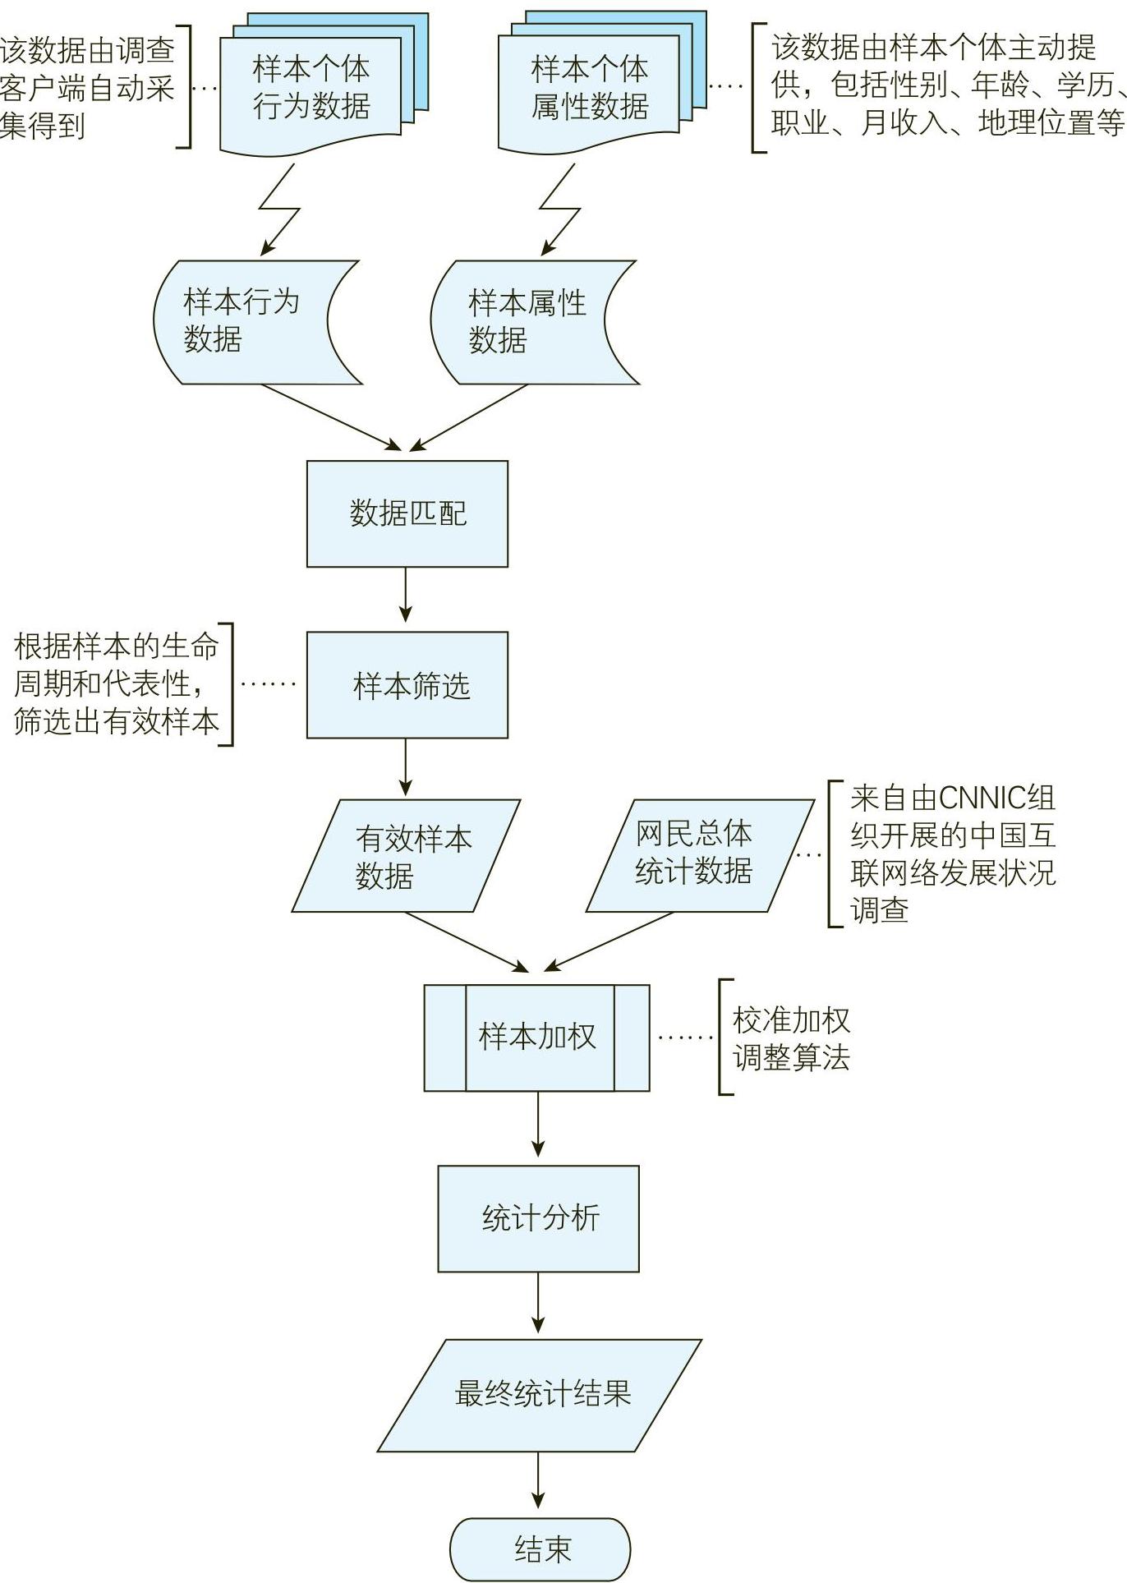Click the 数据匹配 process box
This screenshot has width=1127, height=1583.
407,513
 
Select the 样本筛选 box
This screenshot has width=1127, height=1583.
407,684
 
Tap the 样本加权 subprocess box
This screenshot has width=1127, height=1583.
536,1038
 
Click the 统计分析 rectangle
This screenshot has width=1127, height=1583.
538,1218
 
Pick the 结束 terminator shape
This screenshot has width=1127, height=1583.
540,1548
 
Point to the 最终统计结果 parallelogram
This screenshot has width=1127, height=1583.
540,1395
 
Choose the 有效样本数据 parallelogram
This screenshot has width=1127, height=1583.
407,856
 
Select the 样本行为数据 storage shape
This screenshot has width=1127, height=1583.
246,322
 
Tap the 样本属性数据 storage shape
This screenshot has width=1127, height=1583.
526,322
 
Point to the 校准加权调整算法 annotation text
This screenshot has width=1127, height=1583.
790,1038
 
